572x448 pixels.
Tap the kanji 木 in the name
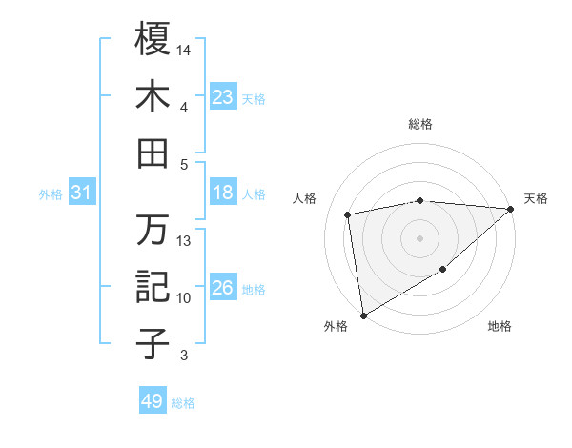point(152,96)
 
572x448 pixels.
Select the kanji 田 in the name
point(152,153)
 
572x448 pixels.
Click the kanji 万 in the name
point(152,230)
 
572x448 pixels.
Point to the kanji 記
point(152,287)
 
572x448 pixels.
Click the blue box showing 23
point(222,97)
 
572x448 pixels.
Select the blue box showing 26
point(222,289)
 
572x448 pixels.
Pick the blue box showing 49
point(153,401)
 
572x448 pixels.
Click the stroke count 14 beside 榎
point(184,49)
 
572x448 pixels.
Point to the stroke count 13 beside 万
point(184,241)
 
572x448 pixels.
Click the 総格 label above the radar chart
point(419,124)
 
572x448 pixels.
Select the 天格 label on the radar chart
point(536,198)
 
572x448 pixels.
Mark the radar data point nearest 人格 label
point(348,214)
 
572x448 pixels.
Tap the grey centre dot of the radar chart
point(419,237)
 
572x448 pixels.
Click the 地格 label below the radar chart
point(500,326)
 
